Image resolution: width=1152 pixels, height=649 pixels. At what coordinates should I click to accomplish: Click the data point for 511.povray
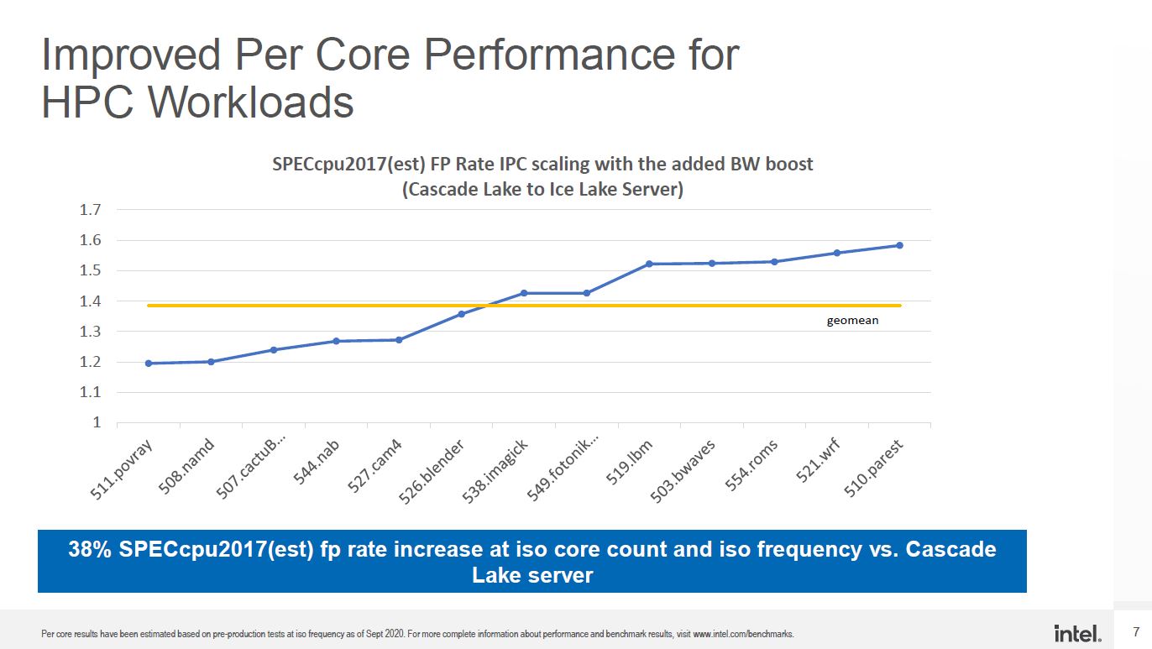149,363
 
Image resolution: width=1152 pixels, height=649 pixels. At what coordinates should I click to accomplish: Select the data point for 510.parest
899,245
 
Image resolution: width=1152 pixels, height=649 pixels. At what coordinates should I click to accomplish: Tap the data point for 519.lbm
649,264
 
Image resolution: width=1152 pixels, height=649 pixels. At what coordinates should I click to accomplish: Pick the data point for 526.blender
461,314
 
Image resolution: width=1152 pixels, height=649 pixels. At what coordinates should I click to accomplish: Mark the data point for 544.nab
337,341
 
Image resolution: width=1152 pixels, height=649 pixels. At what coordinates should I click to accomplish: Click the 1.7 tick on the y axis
90,210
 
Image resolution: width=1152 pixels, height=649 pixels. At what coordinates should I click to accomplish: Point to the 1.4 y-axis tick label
90,301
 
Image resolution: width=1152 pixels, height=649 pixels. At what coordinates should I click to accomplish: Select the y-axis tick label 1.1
90,392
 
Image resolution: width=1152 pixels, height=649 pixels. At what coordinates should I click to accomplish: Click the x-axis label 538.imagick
495,471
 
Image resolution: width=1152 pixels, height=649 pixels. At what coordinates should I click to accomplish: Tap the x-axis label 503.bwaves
683,471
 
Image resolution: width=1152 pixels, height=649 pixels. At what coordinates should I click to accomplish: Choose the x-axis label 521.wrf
818,461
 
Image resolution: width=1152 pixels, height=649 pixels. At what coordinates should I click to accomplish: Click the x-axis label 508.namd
186,467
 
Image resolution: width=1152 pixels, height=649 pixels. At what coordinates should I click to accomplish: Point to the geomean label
852,321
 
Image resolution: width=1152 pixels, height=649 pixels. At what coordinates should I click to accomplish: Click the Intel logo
1077,633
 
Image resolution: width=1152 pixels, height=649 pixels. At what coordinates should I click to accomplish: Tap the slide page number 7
1136,631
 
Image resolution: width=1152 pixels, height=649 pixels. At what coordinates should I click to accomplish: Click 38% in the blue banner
90,549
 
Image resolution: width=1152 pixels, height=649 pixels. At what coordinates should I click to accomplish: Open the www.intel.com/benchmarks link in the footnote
744,634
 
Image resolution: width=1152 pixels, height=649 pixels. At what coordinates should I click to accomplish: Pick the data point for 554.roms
774,262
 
